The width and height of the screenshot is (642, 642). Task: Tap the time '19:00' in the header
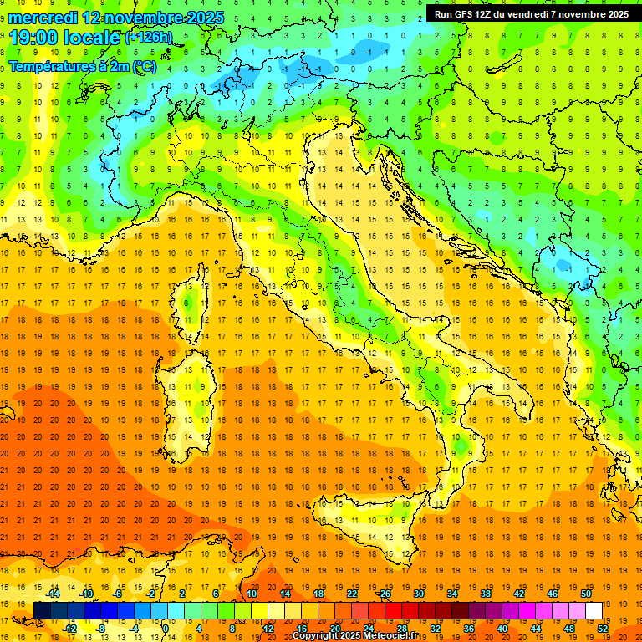pos(38,38)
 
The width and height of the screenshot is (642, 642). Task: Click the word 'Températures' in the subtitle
pos(53,66)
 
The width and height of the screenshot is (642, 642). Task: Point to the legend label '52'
pos(603,629)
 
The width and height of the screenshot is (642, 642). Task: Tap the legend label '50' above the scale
pos(586,594)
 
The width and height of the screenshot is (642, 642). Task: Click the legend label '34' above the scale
pos(452,594)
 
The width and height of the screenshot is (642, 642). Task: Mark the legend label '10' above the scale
pos(252,594)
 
